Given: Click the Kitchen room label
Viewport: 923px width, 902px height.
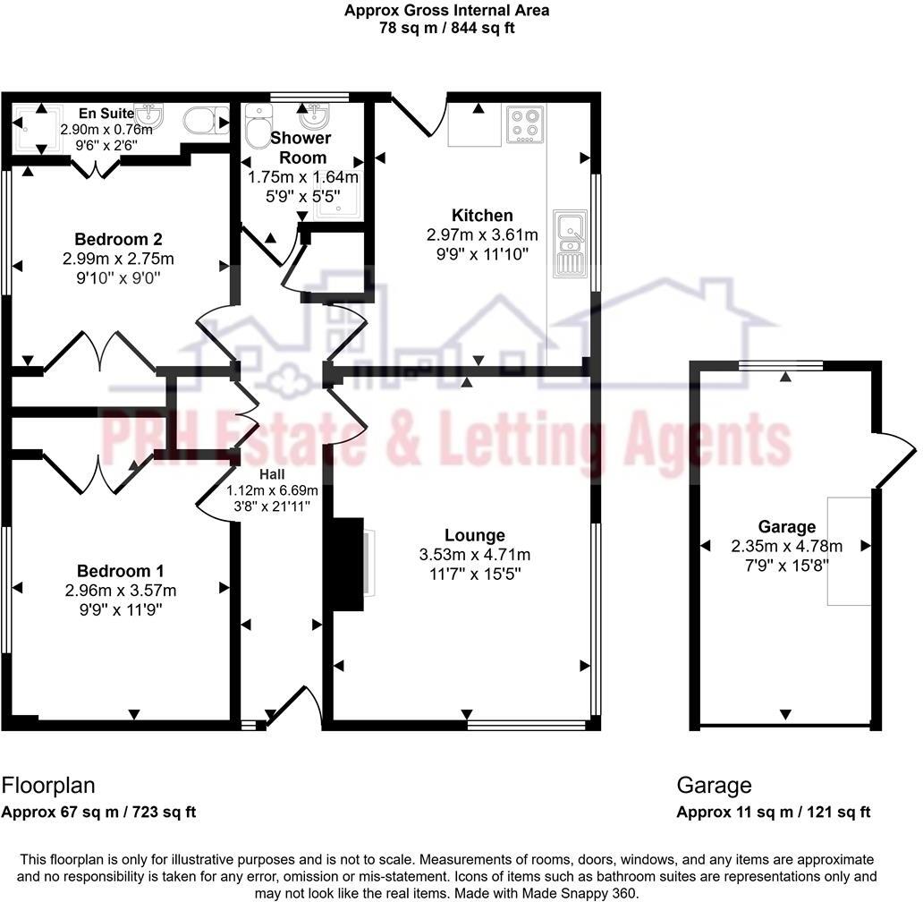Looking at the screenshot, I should point(482,216).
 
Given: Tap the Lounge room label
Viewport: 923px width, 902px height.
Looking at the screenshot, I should point(475,535).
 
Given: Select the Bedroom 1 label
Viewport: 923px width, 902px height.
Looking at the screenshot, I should point(120,571).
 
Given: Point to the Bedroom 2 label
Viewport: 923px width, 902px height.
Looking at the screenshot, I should point(118,239).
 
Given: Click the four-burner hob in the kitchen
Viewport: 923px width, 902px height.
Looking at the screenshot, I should point(525,124).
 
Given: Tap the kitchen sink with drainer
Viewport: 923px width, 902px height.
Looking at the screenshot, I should point(569,243).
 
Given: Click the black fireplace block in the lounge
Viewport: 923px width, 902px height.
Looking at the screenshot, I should point(348,564).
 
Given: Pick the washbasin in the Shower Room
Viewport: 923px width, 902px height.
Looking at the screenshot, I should point(314,117).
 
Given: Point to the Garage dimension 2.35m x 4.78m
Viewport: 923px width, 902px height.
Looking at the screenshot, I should point(786,546).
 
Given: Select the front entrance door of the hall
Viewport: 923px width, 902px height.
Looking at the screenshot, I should point(304,706).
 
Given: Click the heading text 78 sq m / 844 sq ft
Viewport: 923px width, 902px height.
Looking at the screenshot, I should point(446,28).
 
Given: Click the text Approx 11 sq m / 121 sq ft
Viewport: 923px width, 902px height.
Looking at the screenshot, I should point(773,813).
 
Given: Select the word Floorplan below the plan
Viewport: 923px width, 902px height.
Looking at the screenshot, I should point(47,786).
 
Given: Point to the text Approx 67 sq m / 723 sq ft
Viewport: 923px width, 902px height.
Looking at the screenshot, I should point(98,813).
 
